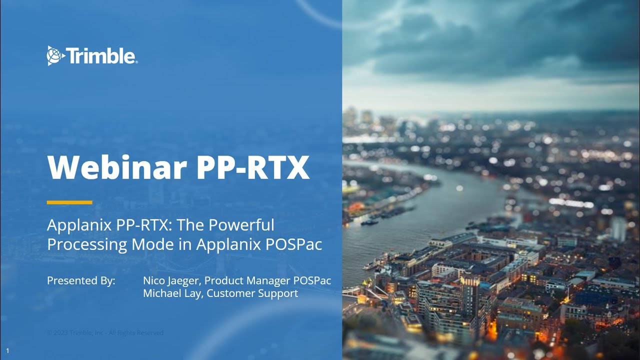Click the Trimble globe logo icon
55,55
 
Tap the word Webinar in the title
116,167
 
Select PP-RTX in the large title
252,167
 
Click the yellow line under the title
69,202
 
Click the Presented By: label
81,280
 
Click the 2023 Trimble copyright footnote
105,332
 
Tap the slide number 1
7,351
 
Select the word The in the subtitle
190,225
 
